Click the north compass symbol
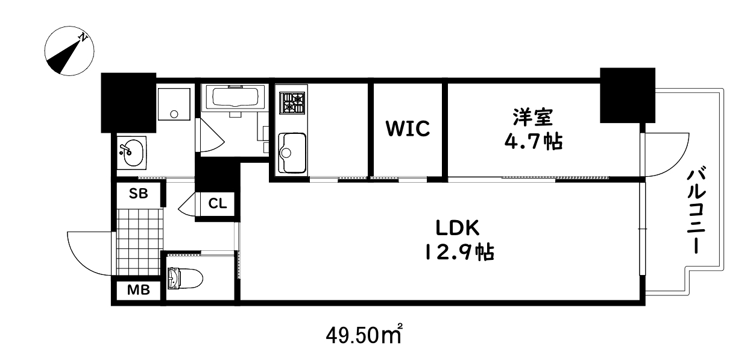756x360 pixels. [68, 54]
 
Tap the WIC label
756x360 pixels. [408, 128]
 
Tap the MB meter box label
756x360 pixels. [138, 290]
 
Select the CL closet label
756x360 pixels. [217, 204]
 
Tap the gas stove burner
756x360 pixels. [292, 103]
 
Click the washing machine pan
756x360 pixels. [174, 105]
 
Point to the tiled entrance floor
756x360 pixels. [138, 241]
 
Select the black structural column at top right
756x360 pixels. [627, 95]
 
